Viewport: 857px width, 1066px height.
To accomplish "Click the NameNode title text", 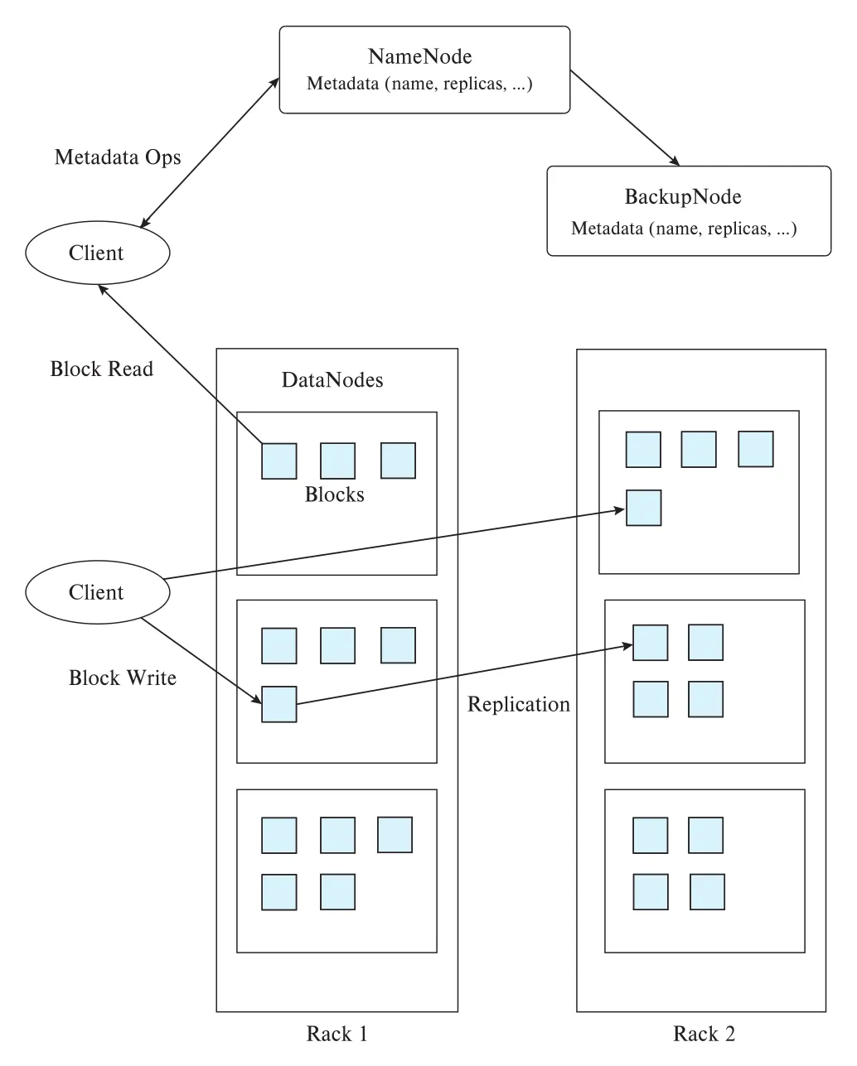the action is coord(419,56).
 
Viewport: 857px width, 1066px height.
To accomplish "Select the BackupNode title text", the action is coord(682,197).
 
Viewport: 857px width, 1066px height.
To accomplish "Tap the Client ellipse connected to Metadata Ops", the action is coord(98,253).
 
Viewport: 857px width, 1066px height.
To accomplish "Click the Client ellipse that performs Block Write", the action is coord(98,592).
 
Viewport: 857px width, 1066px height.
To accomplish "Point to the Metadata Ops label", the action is coord(118,157).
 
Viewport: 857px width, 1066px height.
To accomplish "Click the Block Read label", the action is coord(102,369).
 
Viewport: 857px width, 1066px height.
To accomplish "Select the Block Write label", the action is coord(123,678).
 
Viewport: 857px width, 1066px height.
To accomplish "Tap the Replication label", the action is coord(519,704).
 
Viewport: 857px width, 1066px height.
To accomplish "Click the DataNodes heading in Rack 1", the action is coord(332,380).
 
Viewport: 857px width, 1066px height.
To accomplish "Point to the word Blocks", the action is coord(334,494).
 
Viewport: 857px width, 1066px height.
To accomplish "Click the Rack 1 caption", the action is coord(337,1034).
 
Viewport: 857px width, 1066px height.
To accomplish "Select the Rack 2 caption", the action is coord(704,1034).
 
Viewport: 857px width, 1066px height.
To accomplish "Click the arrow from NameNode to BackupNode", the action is coord(625,118).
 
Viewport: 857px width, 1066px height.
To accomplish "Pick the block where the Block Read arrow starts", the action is coord(279,461).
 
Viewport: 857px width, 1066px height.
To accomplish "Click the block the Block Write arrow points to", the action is coord(279,704).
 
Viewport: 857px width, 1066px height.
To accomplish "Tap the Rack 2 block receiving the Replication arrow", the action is coord(651,643).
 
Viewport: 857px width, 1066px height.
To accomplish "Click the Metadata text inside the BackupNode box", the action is coord(684,229).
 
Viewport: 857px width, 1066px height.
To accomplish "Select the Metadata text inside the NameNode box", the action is coord(419,84).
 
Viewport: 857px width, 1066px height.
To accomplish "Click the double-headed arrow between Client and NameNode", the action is coord(210,152).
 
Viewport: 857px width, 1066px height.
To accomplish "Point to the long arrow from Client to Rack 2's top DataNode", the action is coord(394,543).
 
